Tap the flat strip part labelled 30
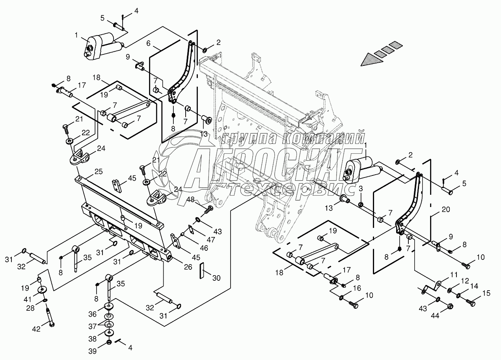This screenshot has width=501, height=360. (x=202, y=270)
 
